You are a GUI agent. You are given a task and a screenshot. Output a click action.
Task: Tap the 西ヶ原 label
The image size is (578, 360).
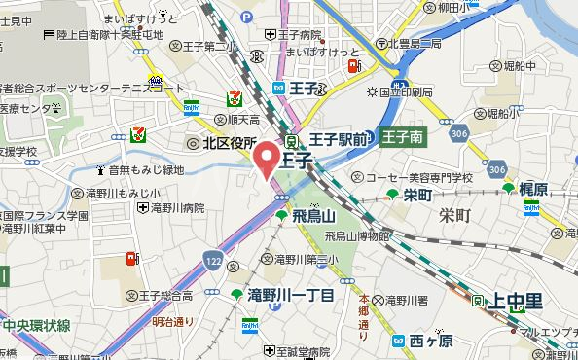tap(431, 341)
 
